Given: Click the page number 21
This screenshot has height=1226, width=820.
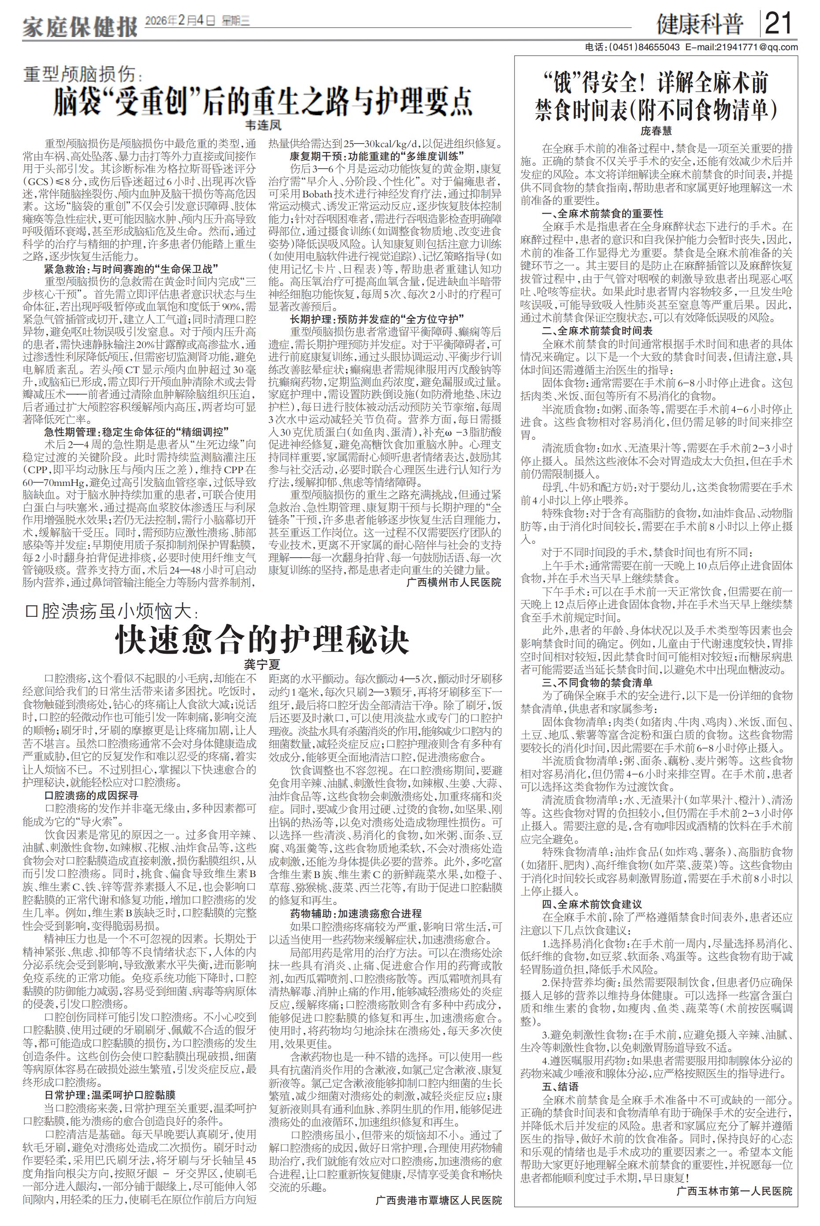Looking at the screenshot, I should (779, 23).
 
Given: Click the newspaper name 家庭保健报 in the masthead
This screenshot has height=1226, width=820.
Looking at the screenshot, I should (79, 26).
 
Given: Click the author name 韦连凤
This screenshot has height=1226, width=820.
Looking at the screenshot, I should (263, 126).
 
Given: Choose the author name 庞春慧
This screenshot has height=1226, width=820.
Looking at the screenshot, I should (657, 131).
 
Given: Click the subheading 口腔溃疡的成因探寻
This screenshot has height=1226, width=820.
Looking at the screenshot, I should (92, 796).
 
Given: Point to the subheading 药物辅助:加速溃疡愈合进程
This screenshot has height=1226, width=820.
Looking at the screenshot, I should (356, 913).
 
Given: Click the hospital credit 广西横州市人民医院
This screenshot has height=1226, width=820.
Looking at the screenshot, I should (453, 582).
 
